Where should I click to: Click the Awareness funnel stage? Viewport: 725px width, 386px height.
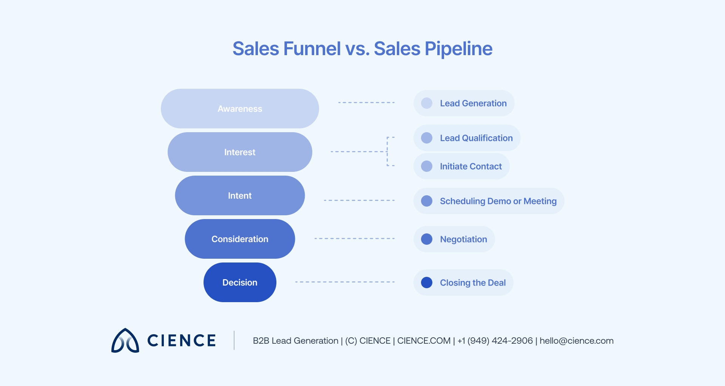tap(240, 109)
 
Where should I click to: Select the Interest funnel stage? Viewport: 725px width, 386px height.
tap(240, 152)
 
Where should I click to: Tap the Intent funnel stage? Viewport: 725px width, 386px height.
tap(240, 196)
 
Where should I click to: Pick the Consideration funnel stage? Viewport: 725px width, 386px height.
tap(240, 239)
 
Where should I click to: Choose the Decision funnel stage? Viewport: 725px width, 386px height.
tap(240, 283)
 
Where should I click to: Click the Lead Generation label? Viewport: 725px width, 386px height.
tap(473, 103)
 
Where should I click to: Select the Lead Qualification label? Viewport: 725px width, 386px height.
tap(476, 138)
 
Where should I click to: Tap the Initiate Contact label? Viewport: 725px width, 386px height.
tap(470, 167)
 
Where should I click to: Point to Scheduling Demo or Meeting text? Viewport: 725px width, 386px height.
tap(498, 201)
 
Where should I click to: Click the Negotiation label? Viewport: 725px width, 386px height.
tap(463, 239)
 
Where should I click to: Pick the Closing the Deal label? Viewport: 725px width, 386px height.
tap(472, 283)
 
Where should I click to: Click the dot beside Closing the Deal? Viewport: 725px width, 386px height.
tap(427, 283)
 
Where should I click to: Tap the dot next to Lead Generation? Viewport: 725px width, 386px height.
tap(427, 103)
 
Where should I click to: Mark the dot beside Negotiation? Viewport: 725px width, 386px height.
tap(427, 239)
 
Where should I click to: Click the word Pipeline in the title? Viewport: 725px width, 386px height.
tap(458, 49)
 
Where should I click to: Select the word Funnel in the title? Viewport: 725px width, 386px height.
tap(312, 49)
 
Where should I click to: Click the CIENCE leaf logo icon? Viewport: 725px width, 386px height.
tap(125, 341)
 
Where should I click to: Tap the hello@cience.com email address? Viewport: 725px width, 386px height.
tap(576, 341)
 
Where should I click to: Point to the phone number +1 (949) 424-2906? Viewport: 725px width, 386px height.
tap(495, 341)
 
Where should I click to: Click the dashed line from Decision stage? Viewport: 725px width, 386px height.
tap(345, 282)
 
